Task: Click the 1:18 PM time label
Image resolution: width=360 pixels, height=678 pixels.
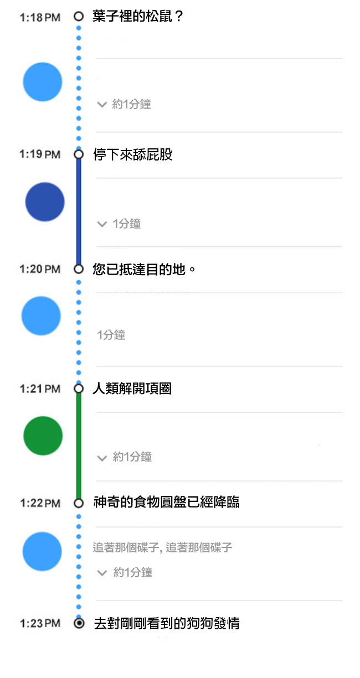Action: [x=39, y=18]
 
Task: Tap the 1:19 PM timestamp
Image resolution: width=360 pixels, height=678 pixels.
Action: [x=39, y=154]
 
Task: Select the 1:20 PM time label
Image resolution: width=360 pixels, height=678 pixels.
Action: [x=39, y=269]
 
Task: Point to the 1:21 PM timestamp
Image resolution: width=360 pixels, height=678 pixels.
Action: [x=39, y=389]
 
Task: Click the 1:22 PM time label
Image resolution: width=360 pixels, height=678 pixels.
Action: [x=39, y=503]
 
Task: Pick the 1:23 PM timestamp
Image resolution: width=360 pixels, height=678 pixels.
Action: [x=39, y=623]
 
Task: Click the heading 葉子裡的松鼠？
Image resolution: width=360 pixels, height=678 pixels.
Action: [x=137, y=17]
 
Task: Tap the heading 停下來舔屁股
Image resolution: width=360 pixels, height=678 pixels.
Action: [x=132, y=154]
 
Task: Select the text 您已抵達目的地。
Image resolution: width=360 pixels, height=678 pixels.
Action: [x=145, y=270]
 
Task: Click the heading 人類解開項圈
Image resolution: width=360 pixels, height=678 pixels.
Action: [x=132, y=389]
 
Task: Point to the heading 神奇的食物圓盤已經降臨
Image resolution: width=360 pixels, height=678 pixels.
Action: [x=166, y=503]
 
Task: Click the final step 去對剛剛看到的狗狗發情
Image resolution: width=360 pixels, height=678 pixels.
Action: [x=166, y=623]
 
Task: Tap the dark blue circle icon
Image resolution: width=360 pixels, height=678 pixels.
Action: [x=45, y=202]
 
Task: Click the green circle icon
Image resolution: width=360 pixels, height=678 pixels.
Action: [x=43, y=436]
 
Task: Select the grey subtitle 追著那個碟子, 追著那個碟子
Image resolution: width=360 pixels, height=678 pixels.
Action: [x=162, y=548]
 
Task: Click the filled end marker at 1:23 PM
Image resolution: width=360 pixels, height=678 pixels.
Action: [x=79, y=623]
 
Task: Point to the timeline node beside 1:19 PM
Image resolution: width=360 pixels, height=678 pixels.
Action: [x=79, y=154]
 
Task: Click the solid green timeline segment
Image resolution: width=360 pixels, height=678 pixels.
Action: [x=79, y=446]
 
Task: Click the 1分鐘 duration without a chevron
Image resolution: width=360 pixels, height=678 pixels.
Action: [x=111, y=335]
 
